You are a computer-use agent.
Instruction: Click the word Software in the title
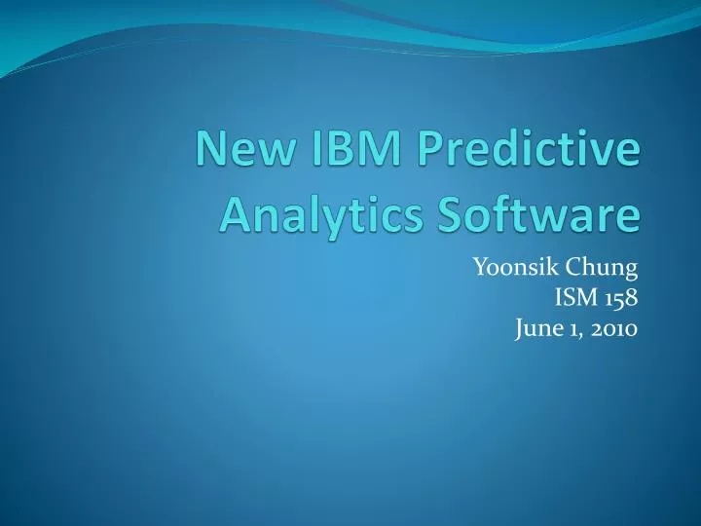click(527, 212)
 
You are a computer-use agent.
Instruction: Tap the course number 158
click(621, 298)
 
